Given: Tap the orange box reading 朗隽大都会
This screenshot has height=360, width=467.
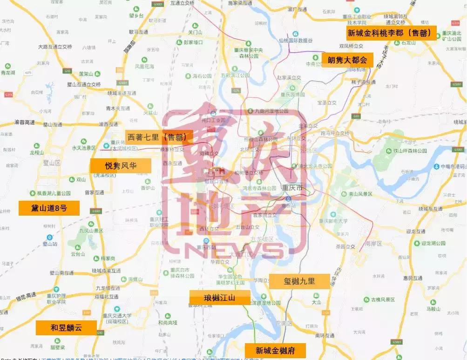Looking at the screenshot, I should click(347, 60).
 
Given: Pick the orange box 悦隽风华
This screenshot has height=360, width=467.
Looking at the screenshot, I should click(121, 166).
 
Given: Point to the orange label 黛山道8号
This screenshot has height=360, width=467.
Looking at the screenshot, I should click(49, 208).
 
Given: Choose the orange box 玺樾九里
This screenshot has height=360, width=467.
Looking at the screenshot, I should click(299, 282).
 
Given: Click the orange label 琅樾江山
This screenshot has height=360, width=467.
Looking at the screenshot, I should click(220, 298).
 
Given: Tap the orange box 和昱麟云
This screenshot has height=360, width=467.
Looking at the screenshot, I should click(67, 327).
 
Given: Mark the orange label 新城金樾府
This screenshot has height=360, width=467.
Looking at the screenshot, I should click(275, 350).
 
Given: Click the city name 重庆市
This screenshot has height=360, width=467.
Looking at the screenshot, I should click(292, 187).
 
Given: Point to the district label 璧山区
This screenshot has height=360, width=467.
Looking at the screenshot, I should click(52, 163).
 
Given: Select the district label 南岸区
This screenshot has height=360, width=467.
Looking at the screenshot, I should click(373, 244).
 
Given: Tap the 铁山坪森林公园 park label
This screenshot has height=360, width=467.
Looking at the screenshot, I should click(410, 151).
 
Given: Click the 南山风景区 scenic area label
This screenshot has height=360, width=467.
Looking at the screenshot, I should click(360, 193).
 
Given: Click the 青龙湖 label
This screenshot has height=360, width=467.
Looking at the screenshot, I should click(8, 73).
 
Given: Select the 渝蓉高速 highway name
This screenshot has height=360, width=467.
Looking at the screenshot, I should click(24, 122).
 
